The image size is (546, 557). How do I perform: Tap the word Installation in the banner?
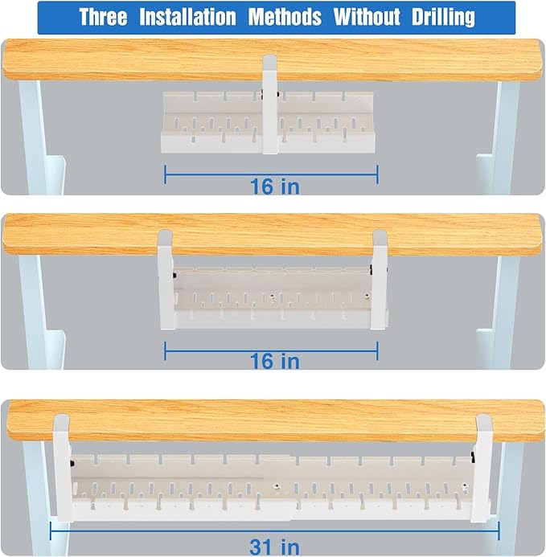(x=188, y=17)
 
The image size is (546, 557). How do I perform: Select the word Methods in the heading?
(x=285, y=17)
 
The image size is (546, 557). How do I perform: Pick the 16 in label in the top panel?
(x=274, y=186)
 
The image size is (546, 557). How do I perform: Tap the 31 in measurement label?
(x=274, y=547)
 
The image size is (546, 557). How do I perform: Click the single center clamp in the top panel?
(x=269, y=104)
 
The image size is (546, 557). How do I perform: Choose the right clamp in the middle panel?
(x=379, y=277)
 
